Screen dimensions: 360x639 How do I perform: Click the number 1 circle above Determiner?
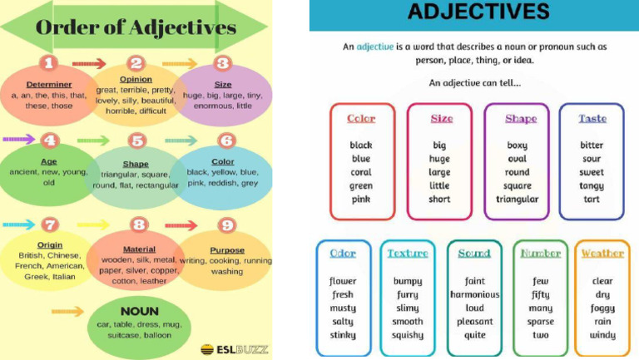point(49,63)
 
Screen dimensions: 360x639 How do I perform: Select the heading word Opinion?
point(136,79)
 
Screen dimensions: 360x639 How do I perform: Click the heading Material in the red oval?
point(139,249)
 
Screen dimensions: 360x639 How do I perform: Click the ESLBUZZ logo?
point(234,349)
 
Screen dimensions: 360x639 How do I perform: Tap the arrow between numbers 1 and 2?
point(89,63)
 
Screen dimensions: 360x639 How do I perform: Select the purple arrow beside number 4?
point(18,139)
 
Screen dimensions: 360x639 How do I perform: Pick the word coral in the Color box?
point(361,172)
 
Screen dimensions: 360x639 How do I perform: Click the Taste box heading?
point(592,119)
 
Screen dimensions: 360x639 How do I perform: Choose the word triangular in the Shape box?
point(517,200)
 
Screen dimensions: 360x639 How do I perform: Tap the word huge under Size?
point(440,159)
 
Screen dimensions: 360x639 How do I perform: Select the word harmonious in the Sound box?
point(475,294)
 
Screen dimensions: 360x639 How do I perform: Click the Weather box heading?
point(602,254)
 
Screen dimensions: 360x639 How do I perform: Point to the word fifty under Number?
point(541,294)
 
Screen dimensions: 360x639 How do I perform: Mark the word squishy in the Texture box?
point(408,335)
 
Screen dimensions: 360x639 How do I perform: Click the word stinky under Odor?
point(343,335)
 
